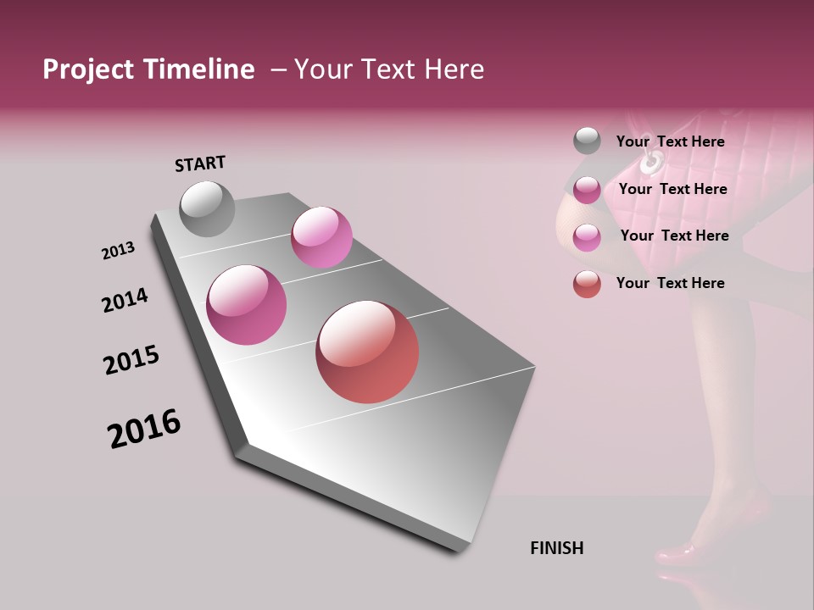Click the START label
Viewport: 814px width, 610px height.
200,164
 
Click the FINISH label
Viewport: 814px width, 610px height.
557,548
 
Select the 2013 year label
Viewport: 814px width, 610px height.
118,251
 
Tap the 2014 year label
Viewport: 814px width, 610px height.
125,301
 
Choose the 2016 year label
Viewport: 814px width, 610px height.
144,429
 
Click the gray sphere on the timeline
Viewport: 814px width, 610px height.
207,208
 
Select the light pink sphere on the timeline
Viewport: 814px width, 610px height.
321,236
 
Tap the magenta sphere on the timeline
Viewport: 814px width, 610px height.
246,305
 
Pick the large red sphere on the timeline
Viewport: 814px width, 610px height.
367,352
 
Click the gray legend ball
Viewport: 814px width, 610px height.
587,141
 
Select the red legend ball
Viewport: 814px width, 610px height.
587,284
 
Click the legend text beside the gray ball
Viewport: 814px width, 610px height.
671,141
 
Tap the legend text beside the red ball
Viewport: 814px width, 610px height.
671,283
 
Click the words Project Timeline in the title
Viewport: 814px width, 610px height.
148,69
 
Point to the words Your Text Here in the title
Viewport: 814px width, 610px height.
389,69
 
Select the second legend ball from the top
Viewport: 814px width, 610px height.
587,190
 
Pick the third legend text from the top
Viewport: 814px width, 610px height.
675,236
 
